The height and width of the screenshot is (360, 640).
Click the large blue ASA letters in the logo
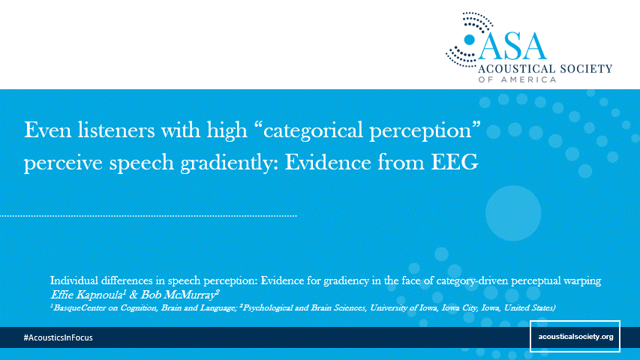(x=512, y=46)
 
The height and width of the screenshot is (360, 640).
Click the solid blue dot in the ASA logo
(x=470, y=40)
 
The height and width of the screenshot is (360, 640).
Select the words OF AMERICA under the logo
(x=517, y=79)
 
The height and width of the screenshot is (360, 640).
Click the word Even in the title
(x=47, y=130)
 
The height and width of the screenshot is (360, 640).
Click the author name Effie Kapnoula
(x=87, y=294)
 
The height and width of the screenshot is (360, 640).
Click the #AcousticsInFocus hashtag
(x=58, y=337)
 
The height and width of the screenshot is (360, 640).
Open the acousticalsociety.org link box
(x=575, y=336)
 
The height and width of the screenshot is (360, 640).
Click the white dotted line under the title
(x=148, y=215)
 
